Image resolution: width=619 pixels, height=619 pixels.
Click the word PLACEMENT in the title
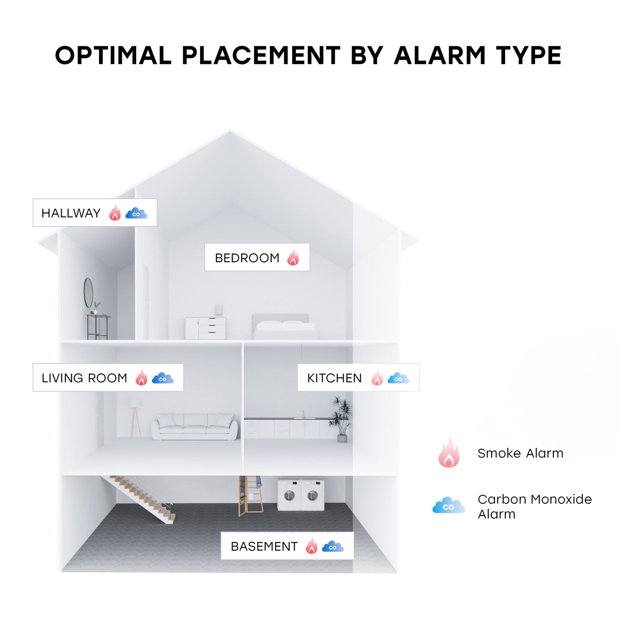coord(261,56)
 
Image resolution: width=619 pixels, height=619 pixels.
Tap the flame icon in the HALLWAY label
coord(115,213)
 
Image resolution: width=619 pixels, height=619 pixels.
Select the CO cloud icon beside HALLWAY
coord(136,213)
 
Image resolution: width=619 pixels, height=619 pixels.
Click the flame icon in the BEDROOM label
coord(293,258)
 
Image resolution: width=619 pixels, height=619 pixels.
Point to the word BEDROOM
coord(247,258)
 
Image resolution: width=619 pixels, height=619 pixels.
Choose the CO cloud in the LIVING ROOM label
coord(163,378)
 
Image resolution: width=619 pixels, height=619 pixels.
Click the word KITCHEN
coord(334,378)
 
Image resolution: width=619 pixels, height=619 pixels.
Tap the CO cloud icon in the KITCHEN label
coord(398,378)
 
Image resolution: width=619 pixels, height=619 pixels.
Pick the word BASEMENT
coord(264,547)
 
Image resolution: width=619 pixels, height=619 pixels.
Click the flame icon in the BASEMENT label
coord(311,546)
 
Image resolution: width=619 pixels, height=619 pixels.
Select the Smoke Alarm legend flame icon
coord(449,454)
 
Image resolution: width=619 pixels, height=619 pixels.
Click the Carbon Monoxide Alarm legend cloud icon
coord(449,506)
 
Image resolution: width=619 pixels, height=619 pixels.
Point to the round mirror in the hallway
coord(88,293)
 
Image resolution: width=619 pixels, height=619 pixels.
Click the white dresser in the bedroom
coord(206,329)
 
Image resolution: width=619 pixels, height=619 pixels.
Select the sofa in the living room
coord(195,427)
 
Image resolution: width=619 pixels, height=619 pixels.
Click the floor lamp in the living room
coord(135,418)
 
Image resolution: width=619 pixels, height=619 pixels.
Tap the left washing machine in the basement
coord(290,495)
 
